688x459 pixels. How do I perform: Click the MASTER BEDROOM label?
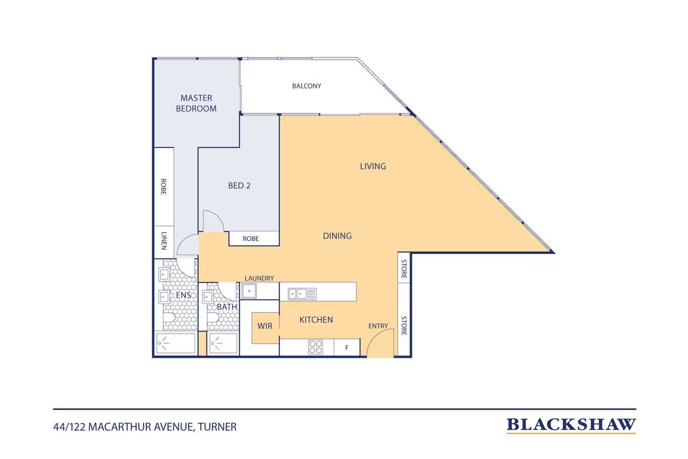coord(196,103)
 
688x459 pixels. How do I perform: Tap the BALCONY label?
coord(306,86)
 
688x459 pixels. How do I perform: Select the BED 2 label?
coord(239,186)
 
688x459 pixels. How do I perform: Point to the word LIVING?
coord(373,166)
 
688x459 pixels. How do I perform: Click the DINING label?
coord(338,236)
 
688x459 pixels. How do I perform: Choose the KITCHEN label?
coord(316,320)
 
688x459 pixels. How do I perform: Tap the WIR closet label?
coord(265,326)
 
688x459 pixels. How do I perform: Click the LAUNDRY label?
coord(259,278)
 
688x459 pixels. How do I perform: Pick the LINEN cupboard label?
coord(163,241)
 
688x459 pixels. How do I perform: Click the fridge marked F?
coord(347,348)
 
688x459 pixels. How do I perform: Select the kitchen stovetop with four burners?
coord(316,348)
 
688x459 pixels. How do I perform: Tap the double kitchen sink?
coord(302,293)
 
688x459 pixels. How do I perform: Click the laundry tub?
coord(249,291)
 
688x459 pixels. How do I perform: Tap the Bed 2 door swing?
coord(212,221)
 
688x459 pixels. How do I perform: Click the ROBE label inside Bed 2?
coord(251,239)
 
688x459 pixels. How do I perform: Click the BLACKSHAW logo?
coord(571,425)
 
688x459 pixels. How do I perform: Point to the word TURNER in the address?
coord(218,427)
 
